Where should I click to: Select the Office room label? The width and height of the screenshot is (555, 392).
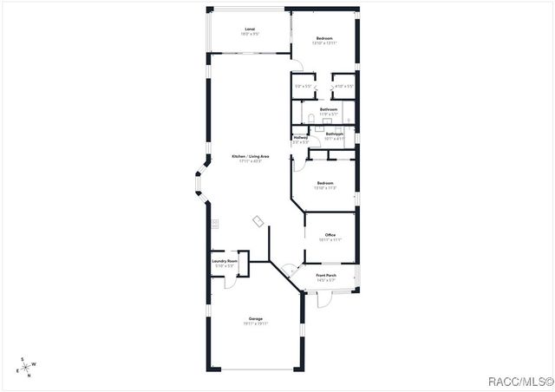click(330, 235)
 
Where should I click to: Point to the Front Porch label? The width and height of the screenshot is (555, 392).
click(327, 275)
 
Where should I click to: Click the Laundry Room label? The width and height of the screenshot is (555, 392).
click(225, 260)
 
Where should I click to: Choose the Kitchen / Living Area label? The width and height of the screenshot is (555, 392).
click(250, 156)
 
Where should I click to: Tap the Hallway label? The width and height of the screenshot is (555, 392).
click(301, 137)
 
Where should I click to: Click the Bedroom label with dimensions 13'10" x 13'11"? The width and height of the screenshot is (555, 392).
click(324, 38)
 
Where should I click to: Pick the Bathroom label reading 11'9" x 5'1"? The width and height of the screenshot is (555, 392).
click(328, 109)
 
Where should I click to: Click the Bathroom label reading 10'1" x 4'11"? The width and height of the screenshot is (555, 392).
click(335, 134)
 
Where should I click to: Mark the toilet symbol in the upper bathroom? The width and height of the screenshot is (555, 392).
click(310, 117)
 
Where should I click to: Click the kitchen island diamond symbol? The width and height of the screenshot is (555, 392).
click(258, 221)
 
